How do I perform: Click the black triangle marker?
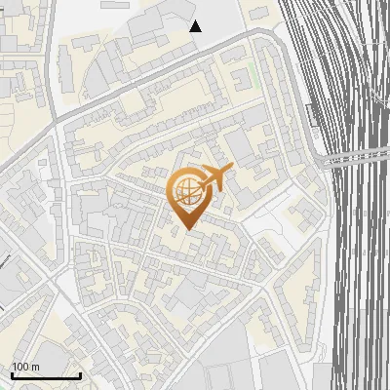(196, 26)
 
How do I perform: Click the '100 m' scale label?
(25, 367)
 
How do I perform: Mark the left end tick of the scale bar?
(12, 375)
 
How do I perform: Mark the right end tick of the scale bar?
(81, 375)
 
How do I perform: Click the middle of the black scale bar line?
(46, 376)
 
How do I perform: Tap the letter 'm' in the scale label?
(35, 367)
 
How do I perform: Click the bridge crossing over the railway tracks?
(356, 157)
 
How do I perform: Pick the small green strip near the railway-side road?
(265, 73)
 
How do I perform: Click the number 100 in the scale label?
(19, 367)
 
